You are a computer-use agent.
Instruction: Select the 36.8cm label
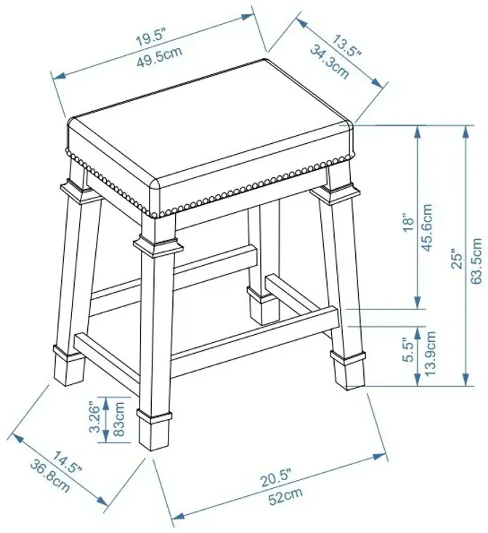click(50, 476)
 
